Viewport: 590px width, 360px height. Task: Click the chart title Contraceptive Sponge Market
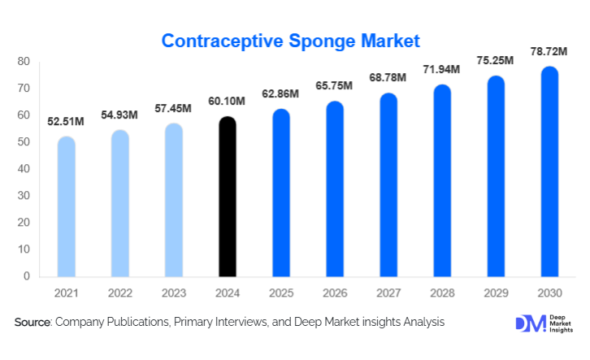click(290, 40)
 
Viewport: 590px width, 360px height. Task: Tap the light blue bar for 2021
click(66, 206)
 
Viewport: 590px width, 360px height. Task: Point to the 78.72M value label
click(550, 52)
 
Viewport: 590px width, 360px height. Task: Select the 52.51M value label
click(67, 123)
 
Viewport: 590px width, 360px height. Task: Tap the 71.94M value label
click(442, 71)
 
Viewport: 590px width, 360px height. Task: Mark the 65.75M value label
click(335, 87)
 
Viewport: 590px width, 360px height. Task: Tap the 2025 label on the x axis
click(281, 293)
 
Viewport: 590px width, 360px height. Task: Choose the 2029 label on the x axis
click(496, 293)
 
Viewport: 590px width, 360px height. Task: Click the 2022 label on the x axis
click(120, 293)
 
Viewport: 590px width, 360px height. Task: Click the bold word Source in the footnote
click(33, 323)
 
